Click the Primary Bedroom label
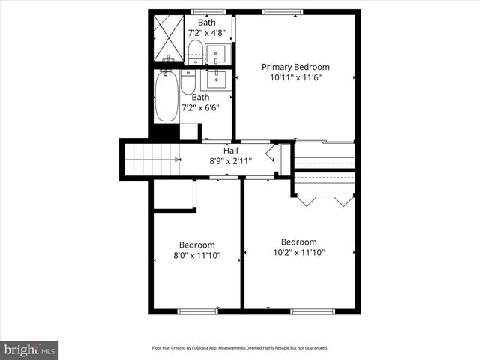tap(295, 67)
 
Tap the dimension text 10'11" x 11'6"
tap(295, 76)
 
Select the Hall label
tap(230, 151)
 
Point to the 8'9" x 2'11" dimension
tap(230, 160)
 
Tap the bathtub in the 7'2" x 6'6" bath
tap(166, 96)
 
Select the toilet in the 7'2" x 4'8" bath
tap(194, 51)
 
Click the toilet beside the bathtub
tap(187, 81)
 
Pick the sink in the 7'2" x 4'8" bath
tap(216, 55)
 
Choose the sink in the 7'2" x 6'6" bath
tap(216, 79)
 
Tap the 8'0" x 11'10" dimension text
tap(196, 255)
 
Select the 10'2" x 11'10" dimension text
tap(298, 252)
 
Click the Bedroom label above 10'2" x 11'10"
tap(298, 241)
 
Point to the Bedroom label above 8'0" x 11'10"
tap(196, 244)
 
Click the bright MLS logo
tap(30, 349)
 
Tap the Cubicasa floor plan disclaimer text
tap(240, 348)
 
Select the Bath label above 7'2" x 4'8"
tap(206, 22)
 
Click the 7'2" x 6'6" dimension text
tap(200, 107)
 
